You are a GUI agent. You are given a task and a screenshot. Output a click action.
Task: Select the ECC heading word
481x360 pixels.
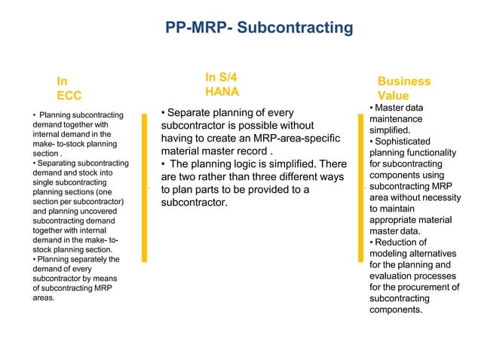click(x=69, y=96)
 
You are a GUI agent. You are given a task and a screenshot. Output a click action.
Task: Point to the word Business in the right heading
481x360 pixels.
click(x=404, y=81)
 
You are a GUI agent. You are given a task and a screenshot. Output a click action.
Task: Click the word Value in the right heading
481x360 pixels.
click(x=394, y=96)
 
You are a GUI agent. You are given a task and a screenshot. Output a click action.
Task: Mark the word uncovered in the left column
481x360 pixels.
click(x=109, y=212)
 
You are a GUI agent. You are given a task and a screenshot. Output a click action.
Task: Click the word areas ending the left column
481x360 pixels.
click(x=44, y=298)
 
